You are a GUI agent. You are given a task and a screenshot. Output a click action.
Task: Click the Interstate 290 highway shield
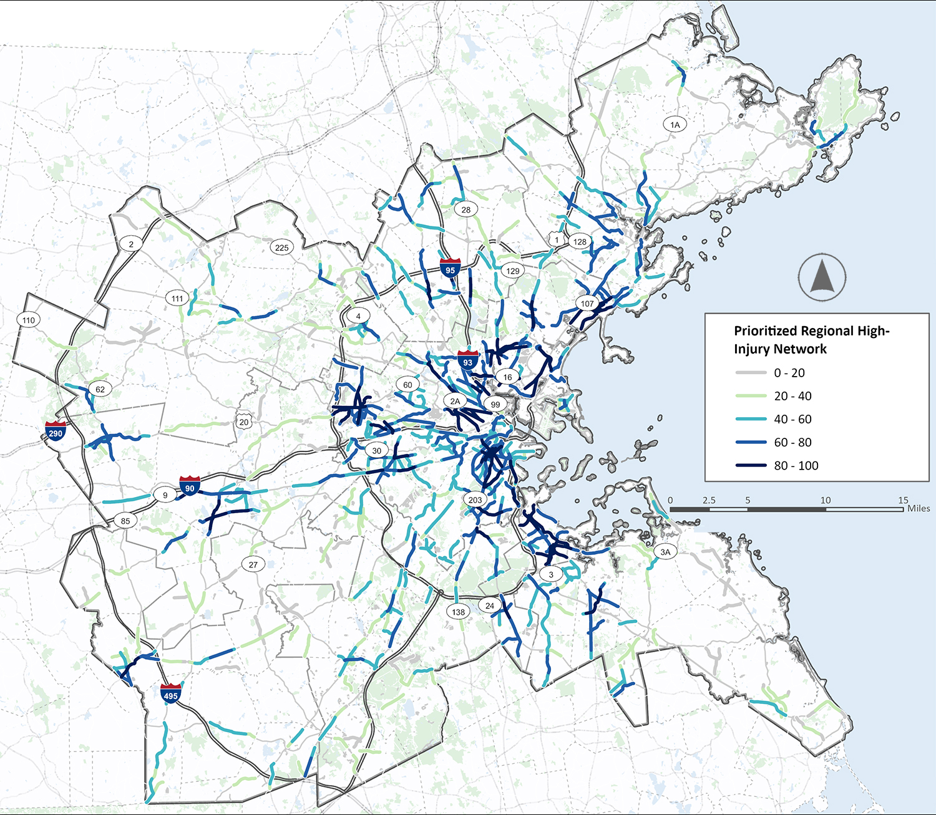click(56, 431)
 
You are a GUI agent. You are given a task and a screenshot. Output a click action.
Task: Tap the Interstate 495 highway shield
click(170, 693)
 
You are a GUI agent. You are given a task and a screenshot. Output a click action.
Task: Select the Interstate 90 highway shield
click(190, 486)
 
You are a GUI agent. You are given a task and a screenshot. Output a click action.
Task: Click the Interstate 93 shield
click(467, 360)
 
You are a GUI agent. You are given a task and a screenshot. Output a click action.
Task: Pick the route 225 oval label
click(282, 248)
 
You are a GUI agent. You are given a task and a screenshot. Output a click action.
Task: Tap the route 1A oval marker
click(675, 125)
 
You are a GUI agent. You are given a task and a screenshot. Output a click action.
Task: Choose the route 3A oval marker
click(665, 552)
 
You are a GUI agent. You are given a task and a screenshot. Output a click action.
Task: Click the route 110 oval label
click(29, 321)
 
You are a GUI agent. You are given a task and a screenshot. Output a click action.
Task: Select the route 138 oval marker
click(459, 612)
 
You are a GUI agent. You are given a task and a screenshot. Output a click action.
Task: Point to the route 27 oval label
click(253, 565)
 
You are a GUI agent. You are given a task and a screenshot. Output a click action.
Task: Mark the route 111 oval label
click(178, 299)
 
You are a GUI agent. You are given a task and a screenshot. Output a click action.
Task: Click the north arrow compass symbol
click(822, 277)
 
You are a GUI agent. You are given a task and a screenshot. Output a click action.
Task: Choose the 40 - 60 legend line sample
click(751, 419)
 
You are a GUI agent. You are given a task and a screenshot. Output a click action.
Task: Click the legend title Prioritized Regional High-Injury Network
click(811, 340)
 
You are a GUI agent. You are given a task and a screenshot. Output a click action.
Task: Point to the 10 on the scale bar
click(826, 500)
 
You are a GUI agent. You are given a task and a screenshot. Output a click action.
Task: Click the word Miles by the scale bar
click(919, 509)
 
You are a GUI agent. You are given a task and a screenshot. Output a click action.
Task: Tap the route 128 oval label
click(580, 242)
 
